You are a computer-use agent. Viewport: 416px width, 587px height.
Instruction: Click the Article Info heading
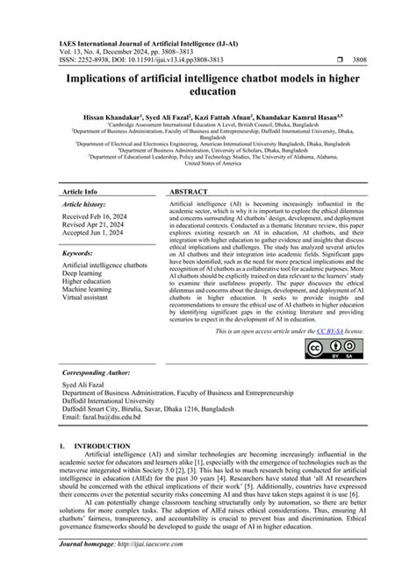point(79,190)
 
